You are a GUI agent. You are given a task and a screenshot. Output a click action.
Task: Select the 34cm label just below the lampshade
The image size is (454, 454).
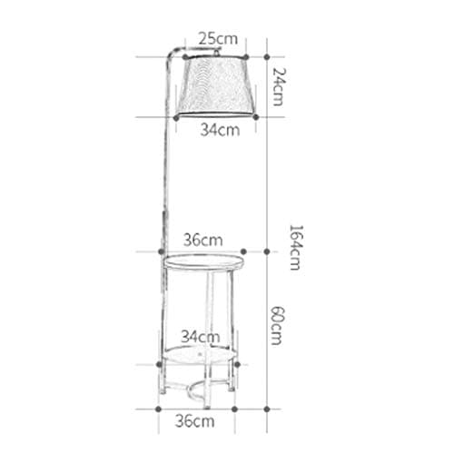pyautogui.click(x=219, y=130)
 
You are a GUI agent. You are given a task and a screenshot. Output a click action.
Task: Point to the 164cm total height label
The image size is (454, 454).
pyautogui.click(x=292, y=246)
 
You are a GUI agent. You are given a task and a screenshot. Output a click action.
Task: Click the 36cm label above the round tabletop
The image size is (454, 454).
pyautogui.click(x=202, y=241)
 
